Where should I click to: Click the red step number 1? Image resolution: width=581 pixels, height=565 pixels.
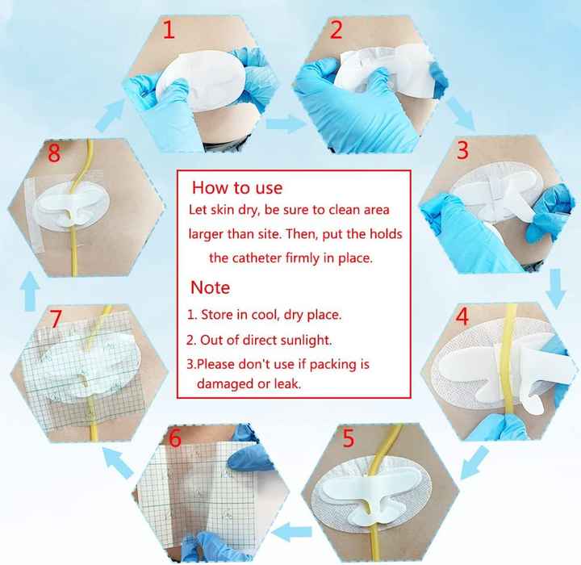tap(169, 30)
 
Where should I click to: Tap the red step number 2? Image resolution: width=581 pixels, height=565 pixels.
tap(336, 30)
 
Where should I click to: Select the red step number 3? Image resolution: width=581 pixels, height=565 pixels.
tap(462, 150)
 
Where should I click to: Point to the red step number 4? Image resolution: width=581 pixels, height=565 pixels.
tap(462, 316)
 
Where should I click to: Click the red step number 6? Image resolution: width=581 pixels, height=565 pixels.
tap(175, 437)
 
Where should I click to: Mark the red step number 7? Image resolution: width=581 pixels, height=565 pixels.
tap(56, 319)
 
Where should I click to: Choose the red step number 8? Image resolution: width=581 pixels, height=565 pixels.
tap(54, 153)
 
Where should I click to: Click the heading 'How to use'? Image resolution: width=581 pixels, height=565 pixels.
tap(237, 187)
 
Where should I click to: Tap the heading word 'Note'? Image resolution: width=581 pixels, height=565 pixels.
tap(210, 287)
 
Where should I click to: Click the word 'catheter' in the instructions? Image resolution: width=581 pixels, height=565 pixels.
tap(258, 257)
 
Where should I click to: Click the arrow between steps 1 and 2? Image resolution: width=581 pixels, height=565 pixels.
tap(286, 123)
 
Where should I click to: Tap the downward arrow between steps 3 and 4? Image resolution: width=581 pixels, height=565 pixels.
tap(556, 289)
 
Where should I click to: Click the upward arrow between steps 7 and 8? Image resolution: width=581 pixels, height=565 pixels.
tap(31, 291)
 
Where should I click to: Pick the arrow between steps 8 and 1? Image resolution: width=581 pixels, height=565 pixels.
tap(111, 115)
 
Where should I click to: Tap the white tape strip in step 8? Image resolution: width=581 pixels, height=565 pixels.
tap(34, 213)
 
